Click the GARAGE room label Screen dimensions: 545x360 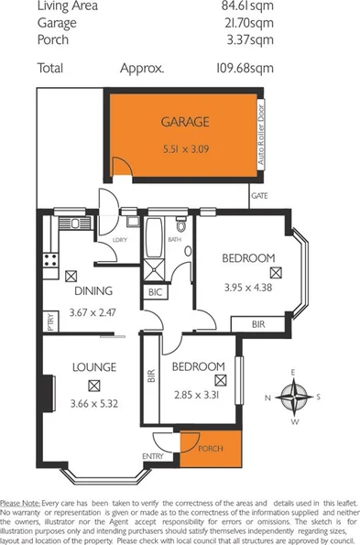pos(185,121)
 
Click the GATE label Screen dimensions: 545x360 pos(259,195)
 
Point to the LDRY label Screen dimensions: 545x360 pos(118,240)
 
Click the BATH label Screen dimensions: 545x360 pos(173,240)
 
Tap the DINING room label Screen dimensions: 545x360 pos(93,291)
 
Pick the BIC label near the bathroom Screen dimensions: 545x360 pos(155,293)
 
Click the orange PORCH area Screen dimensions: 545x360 pos(211,449)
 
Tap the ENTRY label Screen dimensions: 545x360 pos(152,455)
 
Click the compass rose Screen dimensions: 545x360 pos(293,397)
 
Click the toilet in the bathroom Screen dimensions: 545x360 pos(181,225)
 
